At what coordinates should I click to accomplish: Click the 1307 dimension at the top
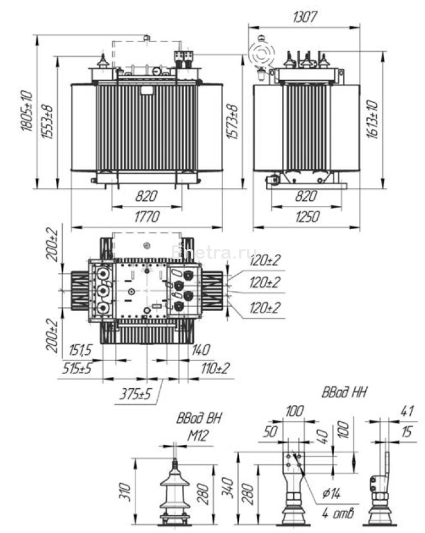point(306,17)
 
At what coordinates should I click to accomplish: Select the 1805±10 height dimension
point(26,110)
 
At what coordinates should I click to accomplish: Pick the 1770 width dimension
point(147,216)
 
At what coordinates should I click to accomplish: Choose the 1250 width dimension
point(306,216)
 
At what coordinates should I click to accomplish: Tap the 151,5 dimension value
point(77,350)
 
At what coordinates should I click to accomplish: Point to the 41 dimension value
point(405,409)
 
